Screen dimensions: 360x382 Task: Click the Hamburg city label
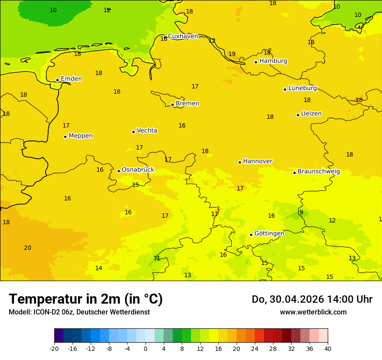pyautogui.click(x=273, y=61)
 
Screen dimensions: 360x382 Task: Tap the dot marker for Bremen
pyautogui.click(x=172, y=105)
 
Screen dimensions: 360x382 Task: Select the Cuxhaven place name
pyautogui.click(x=183, y=36)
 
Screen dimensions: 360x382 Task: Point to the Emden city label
pyautogui.click(x=71, y=79)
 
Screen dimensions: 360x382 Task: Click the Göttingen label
pyautogui.click(x=269, y=234)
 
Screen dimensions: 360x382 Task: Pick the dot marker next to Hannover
pyautogui.click(x=240, y=162)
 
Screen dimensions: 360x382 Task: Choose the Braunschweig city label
pyautogui.click(x=319, y=172)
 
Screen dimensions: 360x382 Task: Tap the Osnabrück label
pyautogui.click(x=138, y=170)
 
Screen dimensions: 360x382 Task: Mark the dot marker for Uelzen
pyautogui.click(x=298, y=115)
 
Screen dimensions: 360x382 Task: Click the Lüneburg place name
pyautogui.click(x=302, y=88)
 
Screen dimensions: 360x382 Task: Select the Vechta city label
pyautogui.click(x=147, y=131)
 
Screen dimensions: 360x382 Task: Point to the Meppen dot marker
pyautogui.click(x=65, y=137)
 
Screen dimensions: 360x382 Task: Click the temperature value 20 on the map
pyautogui.click(x=27, y=248)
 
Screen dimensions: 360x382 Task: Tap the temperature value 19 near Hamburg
pyautogui.click(x=232, y=54)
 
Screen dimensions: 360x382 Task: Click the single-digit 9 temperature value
pyautogui.click(x=301, y=213)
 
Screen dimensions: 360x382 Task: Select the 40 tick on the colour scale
pyautogui.click(x=327, y=349)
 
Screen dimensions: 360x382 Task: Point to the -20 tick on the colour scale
pyautogui.click(x=54, y=349)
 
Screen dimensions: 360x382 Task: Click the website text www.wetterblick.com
pyautogui.click(x=313, y=312)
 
